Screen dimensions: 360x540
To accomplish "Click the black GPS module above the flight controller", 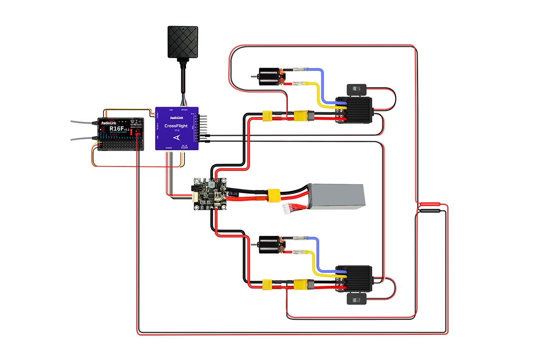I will [183, 42].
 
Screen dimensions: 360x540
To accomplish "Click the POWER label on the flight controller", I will [168, 148].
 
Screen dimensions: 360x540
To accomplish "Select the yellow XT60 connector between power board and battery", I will [273, 195].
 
